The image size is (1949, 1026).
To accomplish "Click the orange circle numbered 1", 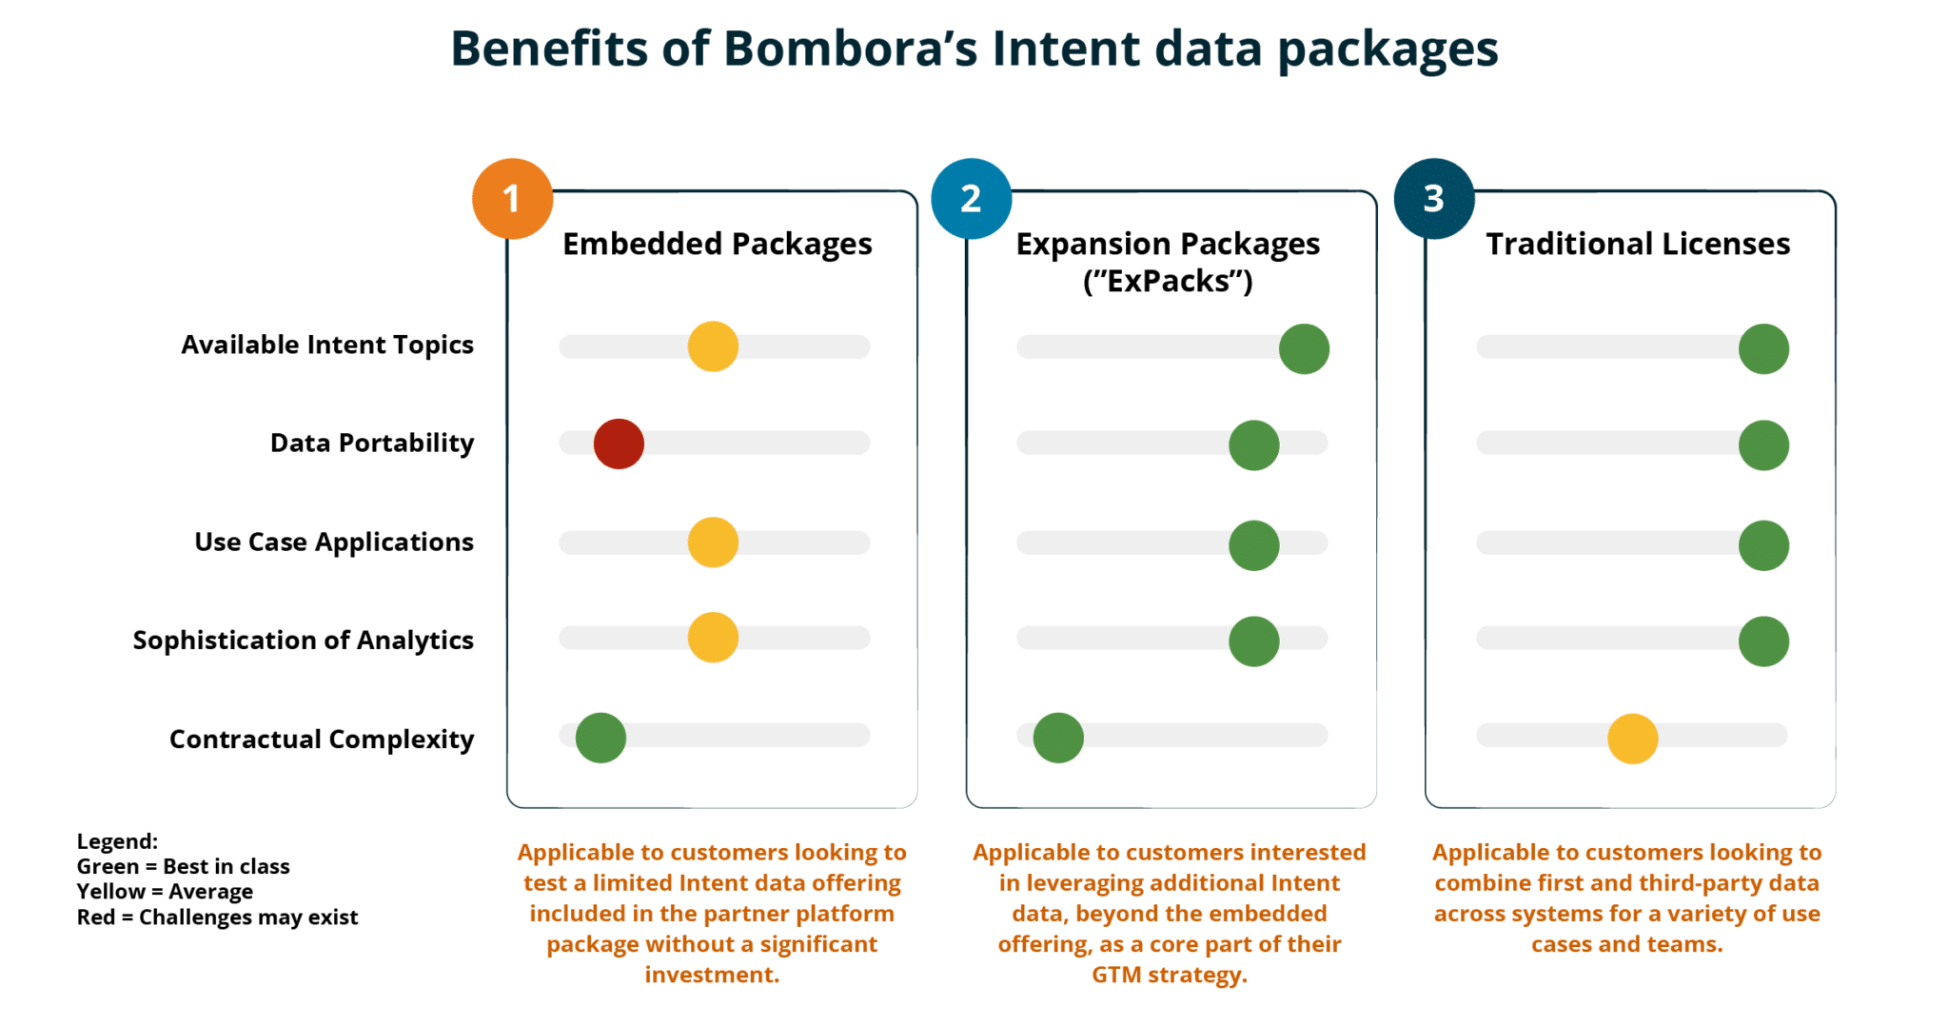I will pyautogui.click(x=512, y=198).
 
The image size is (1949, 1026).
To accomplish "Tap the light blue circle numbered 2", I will pyautogui.click(x=971, y=198).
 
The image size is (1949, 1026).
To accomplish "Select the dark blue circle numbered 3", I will pyautogui.click(x=1433, y=198).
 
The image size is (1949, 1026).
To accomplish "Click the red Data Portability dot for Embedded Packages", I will pyautogui.click(x=619, y=444).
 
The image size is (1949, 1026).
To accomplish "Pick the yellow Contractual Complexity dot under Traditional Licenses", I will pyautogui.click(x=1632, y=738).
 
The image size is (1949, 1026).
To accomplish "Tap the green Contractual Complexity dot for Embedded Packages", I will pyautogui.click(x=600, y=738).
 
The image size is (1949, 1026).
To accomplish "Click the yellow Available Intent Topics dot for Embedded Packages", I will pyautogui.click(x=713, y=346).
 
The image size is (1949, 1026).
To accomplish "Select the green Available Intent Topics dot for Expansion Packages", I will pyautogui.click(x=1304, y=348).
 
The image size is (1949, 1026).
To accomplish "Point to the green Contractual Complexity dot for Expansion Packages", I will pyautogui.click(x=1058, y=738).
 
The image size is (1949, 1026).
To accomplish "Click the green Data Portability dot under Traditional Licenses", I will pyautogui.click(x=1763, y=444).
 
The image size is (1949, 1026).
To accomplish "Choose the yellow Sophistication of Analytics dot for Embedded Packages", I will pyautogui.click(x=713, y=638).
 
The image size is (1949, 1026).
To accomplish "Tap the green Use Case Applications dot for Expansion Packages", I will pyautogui.click(x=1253, y=544).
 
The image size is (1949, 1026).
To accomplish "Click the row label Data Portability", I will pyautogui.click(x=371, y=444).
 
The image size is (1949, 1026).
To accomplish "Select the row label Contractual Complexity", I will pyautogui.click(x=322, y=740).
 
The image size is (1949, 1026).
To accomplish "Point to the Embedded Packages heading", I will pyautogui.click(x=718, y=245).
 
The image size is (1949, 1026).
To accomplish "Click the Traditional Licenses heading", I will pyautogui.click(x=1638, y=245).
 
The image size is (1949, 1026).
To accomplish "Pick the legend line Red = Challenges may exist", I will pyautogui.click(x=217, y=917).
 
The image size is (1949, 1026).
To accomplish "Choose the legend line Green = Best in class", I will pyautogui.click(x=183, y=867).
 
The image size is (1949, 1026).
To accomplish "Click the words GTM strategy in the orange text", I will pyautogui.click(x=1169, y=976).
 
